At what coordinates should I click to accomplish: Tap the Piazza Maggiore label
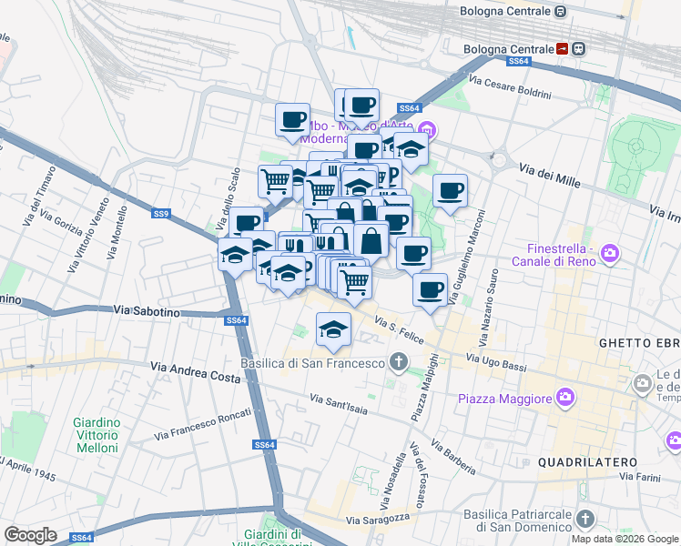pos(504,399)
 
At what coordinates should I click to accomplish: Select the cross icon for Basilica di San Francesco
pos(397,362)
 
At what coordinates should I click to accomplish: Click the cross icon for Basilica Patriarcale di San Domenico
pos(584,519)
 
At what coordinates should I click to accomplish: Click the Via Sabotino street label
pos(148,311)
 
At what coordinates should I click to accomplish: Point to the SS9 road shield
pos(161,214)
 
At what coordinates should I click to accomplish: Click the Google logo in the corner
pos(30,535)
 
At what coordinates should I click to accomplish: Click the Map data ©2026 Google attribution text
pos(625,539)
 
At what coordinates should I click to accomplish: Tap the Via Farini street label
pos(642,476)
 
